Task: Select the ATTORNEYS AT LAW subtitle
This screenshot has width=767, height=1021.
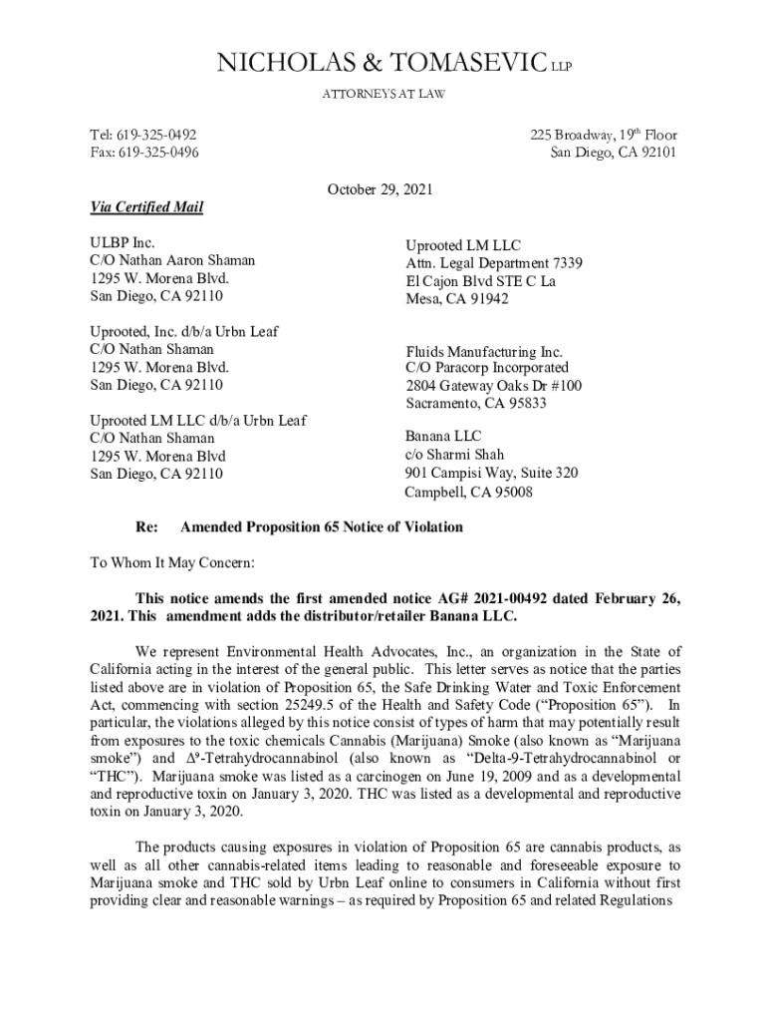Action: pyautogui.click(x=383, y=94)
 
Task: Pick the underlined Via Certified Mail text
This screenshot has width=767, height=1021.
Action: pyautogui.click(x=146, y=207)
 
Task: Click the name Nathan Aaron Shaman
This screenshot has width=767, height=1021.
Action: pyautogui.click(x=189, y=260)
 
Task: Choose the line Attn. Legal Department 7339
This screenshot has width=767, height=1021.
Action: pyautogui.click(x=493, y=263)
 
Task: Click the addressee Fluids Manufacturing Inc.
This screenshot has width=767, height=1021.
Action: pyautogui.click(x=483, y=352)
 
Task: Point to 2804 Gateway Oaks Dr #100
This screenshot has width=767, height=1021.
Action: pyautogui.click(x=493, y=386)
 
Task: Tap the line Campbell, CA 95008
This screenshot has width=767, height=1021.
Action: pyautogui.click(x=468, y=492)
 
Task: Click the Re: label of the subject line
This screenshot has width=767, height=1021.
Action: pyautogui.click(x=146, y=527)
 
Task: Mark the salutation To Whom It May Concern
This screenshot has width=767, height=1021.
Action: pyautogui.click(x=172, y=562)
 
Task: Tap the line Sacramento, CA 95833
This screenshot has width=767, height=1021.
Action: pyautogui.click(x=476, y=404)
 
